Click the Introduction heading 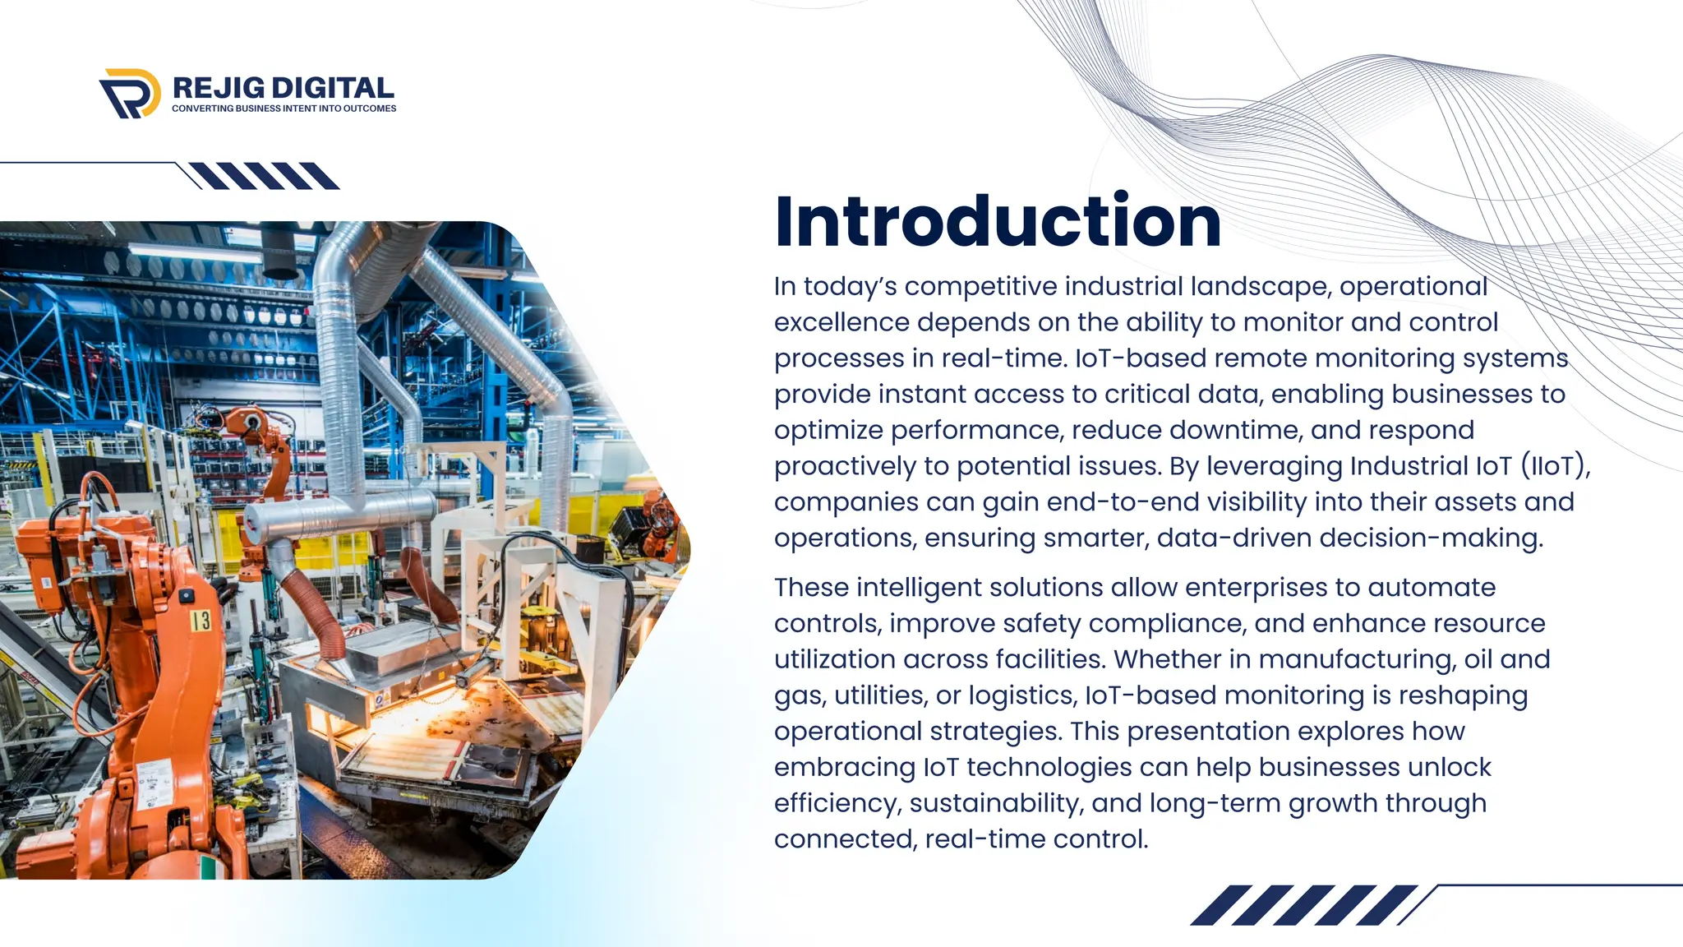click(x=997, y=222)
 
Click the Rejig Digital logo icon click(x=130, y=94)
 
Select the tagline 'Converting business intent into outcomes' click(x=284, y=109)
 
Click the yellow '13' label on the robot click(x=201, y=620)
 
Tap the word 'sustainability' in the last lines click(x=996, y=803)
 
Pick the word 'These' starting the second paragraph click(x=810, y=588)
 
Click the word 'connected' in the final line click(x=844, y=839)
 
